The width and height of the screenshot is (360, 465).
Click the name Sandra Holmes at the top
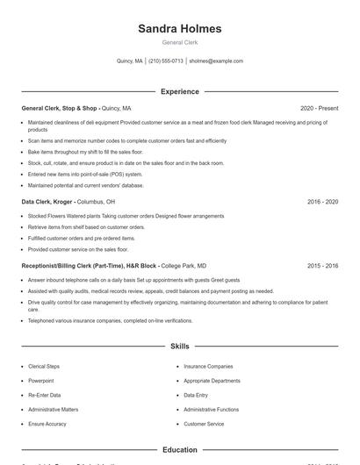[179, 29]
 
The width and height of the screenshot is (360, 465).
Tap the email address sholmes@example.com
[216, 61]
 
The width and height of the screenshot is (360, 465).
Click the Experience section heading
[179, 91]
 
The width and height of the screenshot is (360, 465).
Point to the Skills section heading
[179, 347]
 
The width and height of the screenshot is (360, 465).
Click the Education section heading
[179, 449]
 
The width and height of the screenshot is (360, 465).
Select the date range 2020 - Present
[319, 108]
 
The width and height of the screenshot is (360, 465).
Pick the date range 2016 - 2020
[322, 201]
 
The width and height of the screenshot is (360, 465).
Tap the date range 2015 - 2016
[322, 265]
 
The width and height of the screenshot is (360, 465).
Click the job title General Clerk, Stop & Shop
[60, 108]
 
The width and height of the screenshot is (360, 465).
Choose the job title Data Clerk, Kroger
[48, 201]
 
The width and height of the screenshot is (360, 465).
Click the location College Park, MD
[184, 265]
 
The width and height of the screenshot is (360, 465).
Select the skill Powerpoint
[41, 381]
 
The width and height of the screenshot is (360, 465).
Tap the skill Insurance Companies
[208, 367]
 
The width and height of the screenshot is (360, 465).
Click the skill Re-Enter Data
[45, 395]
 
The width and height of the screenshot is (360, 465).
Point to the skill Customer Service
[203, 424]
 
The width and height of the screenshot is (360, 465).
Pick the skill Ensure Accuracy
[47, 424]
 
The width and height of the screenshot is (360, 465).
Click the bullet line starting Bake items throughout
[83, 152]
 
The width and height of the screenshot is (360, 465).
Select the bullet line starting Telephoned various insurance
[110, 320]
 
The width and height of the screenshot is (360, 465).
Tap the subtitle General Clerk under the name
[179, 42]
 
